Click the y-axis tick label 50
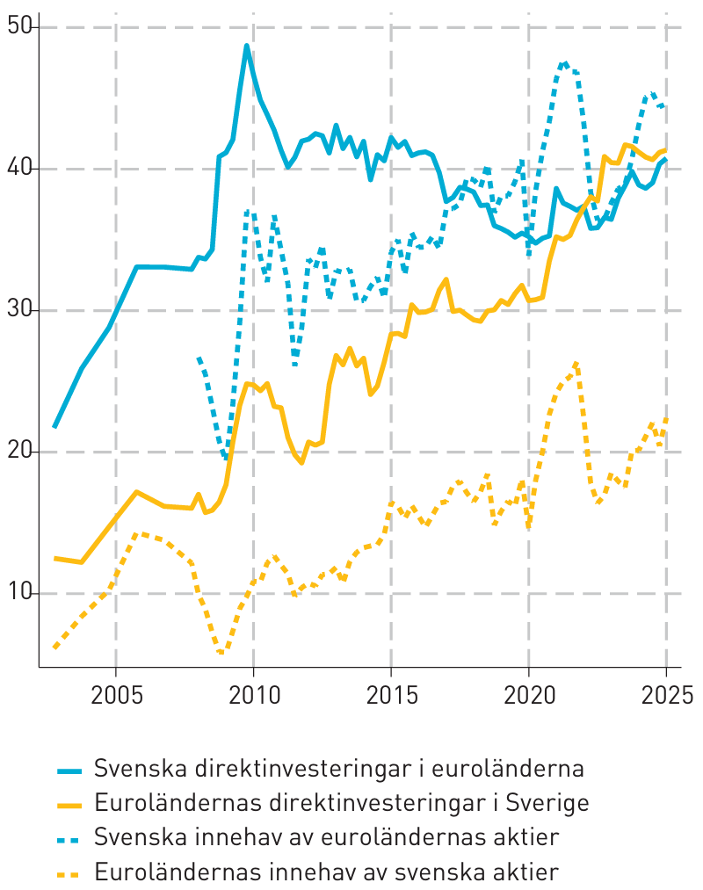[x=18, y=27]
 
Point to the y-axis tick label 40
[x=18, y=169]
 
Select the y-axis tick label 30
[x=18, y=310]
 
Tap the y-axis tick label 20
[x=18, y=452]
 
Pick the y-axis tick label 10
[x=18, y=593]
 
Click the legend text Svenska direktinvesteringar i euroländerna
[x=339, y=769]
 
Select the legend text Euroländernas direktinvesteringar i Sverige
[x=342, y=803]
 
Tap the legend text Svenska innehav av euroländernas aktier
[x=327, y=837]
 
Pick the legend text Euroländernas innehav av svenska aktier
[x=327, y=872]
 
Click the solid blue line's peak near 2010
[x=247, y=46]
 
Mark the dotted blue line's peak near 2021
[x=565, y=63]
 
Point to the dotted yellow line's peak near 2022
[x=576, y=363]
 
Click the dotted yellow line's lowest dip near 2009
[x=221, y=653]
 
